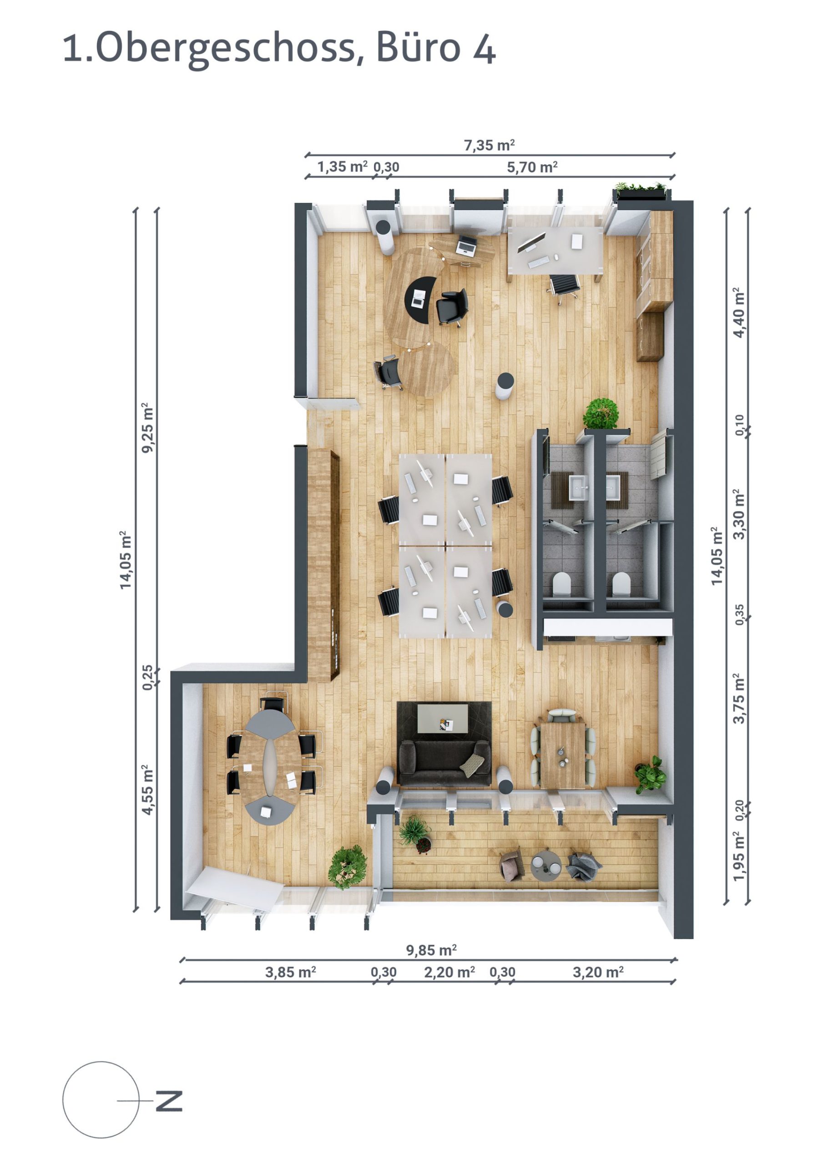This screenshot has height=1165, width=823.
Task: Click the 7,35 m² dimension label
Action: [489, 146]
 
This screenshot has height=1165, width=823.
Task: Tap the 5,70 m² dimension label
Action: [532, 167]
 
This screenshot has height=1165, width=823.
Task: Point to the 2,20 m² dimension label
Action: [449, 972]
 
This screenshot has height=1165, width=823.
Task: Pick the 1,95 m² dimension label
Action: [739, 856]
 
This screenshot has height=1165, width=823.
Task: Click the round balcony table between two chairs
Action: [545, 866]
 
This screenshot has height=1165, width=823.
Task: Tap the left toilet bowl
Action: [562, 584]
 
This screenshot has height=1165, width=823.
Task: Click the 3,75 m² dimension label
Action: [739, 698]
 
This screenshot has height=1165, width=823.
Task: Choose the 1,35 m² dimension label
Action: [342, 167]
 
